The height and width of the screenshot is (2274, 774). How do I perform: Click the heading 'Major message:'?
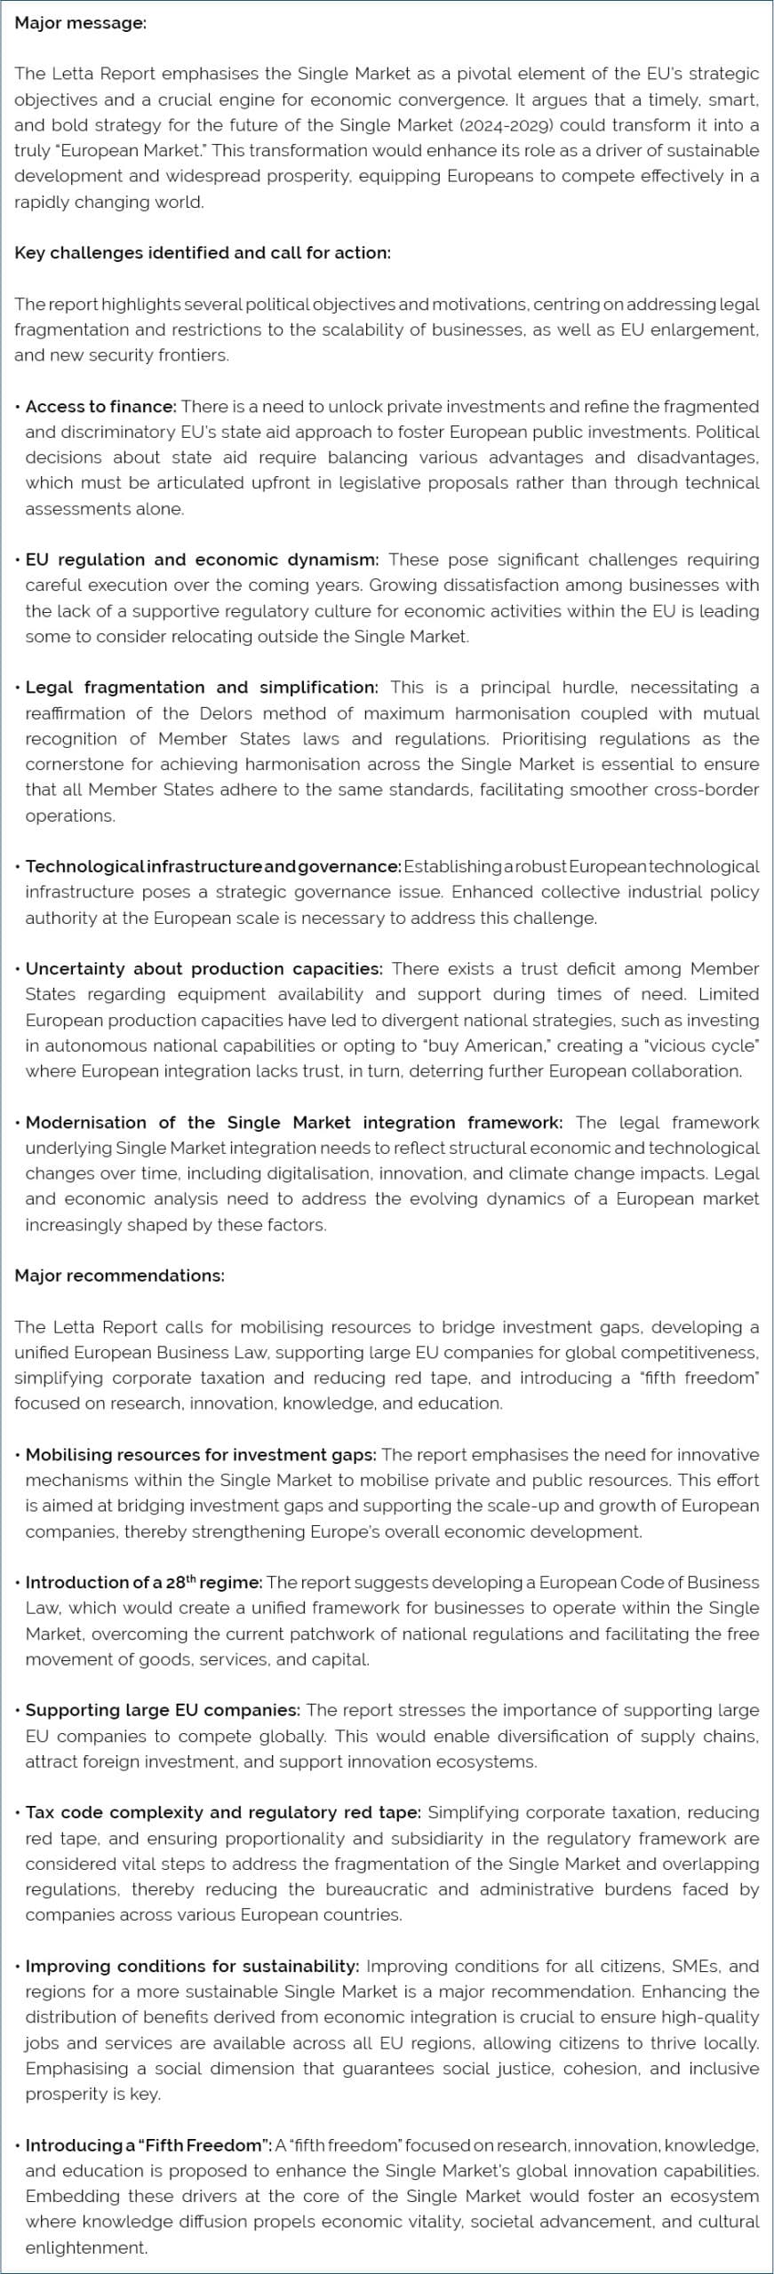80,23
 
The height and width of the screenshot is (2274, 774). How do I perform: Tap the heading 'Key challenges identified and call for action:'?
203,252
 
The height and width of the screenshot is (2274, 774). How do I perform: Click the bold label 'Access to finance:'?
101,406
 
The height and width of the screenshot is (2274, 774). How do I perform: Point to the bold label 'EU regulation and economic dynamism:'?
202,560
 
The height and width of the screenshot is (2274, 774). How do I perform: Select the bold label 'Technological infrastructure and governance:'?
213,866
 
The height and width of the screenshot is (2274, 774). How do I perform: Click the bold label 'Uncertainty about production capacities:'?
204,968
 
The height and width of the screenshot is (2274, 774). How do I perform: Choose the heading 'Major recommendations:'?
119,1276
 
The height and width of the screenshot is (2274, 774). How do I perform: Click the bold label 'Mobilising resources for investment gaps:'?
201,1455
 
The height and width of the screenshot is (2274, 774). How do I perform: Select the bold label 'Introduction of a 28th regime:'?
144,1582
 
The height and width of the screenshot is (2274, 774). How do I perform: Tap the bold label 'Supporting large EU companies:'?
163,1710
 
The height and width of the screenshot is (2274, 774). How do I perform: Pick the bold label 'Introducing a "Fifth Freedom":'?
148,2145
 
